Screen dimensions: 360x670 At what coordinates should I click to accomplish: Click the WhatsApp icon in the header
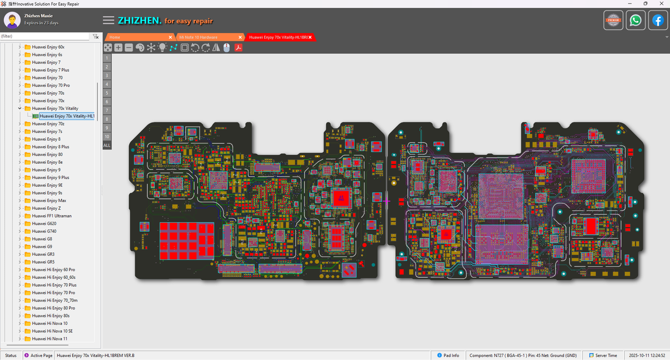coord(635,20)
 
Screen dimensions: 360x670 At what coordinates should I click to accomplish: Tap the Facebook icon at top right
coord(658,20)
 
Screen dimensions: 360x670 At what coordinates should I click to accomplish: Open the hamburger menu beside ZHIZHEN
coord(108,20)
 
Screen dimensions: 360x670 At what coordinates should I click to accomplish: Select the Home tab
coord(115,37)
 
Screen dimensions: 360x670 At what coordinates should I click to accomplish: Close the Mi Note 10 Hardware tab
coord(240,37)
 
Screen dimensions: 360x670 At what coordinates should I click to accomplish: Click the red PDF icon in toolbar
coord(238,48)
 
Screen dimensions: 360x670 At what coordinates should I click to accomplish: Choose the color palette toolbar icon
coord(140,48)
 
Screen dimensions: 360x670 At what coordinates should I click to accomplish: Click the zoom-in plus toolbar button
coord(118,48)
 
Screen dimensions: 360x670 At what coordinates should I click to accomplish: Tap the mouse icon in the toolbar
coord(227,48)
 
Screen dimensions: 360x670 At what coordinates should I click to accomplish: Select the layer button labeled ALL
coord(107,145)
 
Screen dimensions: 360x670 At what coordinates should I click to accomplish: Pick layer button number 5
coord(107,93)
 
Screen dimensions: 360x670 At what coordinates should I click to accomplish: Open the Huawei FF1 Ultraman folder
coord(51,216)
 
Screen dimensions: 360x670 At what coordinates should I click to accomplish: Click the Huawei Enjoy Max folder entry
coord(49,200)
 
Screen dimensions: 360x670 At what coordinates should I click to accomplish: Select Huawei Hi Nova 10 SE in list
coord(52,331)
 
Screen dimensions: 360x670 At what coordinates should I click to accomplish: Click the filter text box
coord(44,36)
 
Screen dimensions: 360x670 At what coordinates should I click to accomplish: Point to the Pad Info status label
coord(451,355)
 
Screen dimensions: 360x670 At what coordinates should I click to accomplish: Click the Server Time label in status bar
coord(606,355)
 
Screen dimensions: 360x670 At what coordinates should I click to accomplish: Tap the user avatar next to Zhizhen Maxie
coord(12,20)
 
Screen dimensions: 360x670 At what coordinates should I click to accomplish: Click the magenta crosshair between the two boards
coord(387,201)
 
